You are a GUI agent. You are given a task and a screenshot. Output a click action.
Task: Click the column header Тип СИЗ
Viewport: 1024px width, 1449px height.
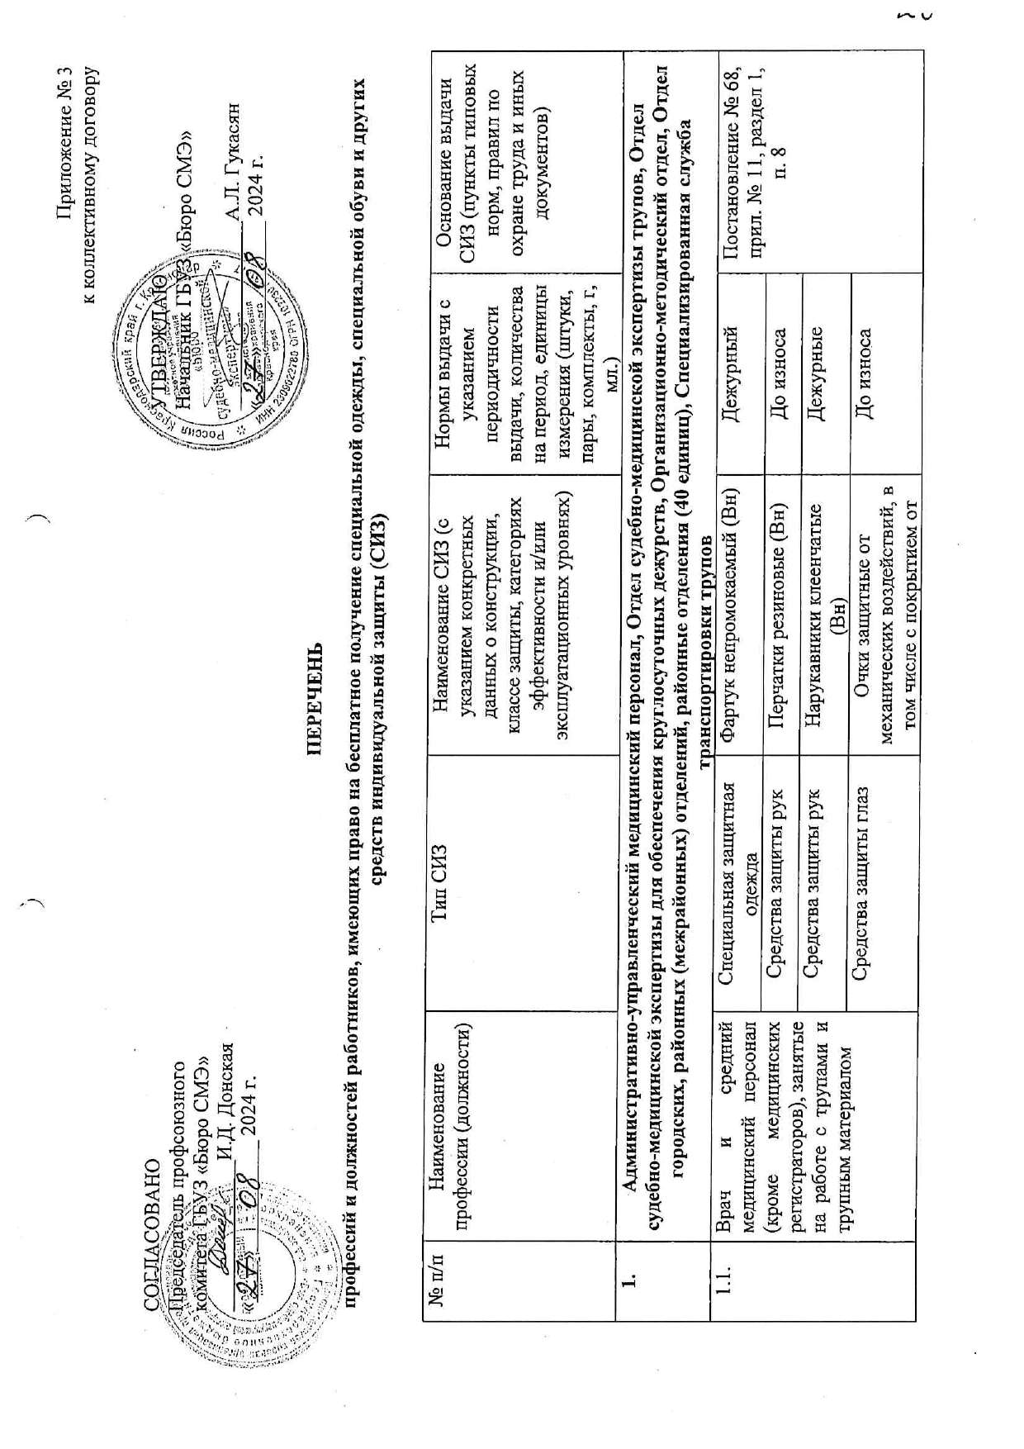441,870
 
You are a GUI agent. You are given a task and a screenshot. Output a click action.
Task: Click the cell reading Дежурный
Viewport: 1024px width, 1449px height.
730,368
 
